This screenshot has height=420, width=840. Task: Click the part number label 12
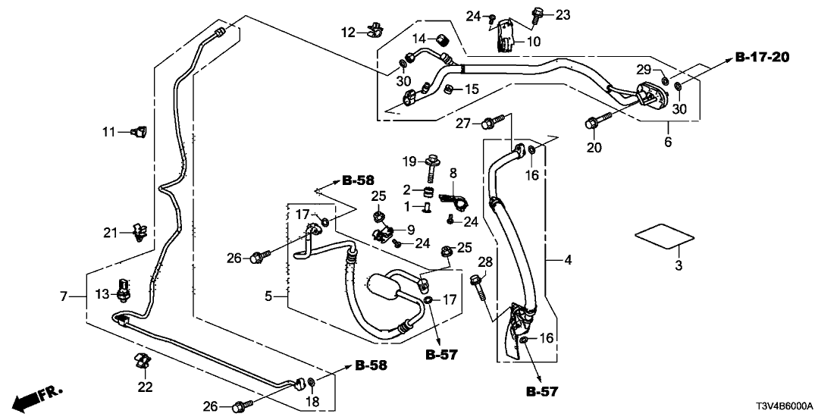pyautogui.click(x=348, y=33)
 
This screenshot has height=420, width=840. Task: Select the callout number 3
pyautogui.click(x=679, y=265)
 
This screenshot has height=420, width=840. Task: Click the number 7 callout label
pyautogui.click(x=64, y=296)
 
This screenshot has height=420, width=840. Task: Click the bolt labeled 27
pyautogui.click(x=497, y=120)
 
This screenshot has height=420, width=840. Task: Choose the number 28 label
pyautogui.click(x=484, y=262)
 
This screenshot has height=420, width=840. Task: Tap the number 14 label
pyautogui.click(x=419, y=39)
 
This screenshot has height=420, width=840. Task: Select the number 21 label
pyautogui.click(x=111, y=232)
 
